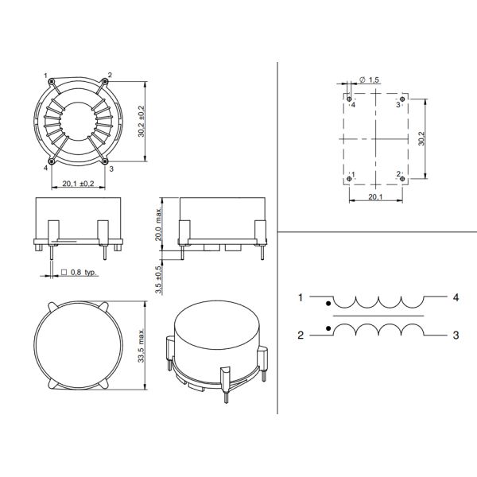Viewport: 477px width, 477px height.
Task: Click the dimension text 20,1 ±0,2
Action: pyautogui.click(x=78, y=184)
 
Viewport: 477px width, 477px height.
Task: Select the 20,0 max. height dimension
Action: pyautogui.click(x=159, y=224)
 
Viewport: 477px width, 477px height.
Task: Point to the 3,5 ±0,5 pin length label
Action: pyautogui.click(x=159, y=275)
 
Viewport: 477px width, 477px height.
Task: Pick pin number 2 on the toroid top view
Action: pyautogui.click(x=110, y=76)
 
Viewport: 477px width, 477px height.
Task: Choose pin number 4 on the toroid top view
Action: pyautogui.click(x=46, y=169)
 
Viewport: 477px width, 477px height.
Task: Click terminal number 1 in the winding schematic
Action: pyautogui.click(x=301, y=298)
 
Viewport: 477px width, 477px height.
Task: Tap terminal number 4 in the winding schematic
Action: pyautogui.click(x=456, y=298)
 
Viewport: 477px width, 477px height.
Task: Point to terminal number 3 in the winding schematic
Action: pyautogui.click(x=456, y=335)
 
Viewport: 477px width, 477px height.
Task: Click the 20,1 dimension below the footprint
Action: pyautogui.click(x=376, y=197)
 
